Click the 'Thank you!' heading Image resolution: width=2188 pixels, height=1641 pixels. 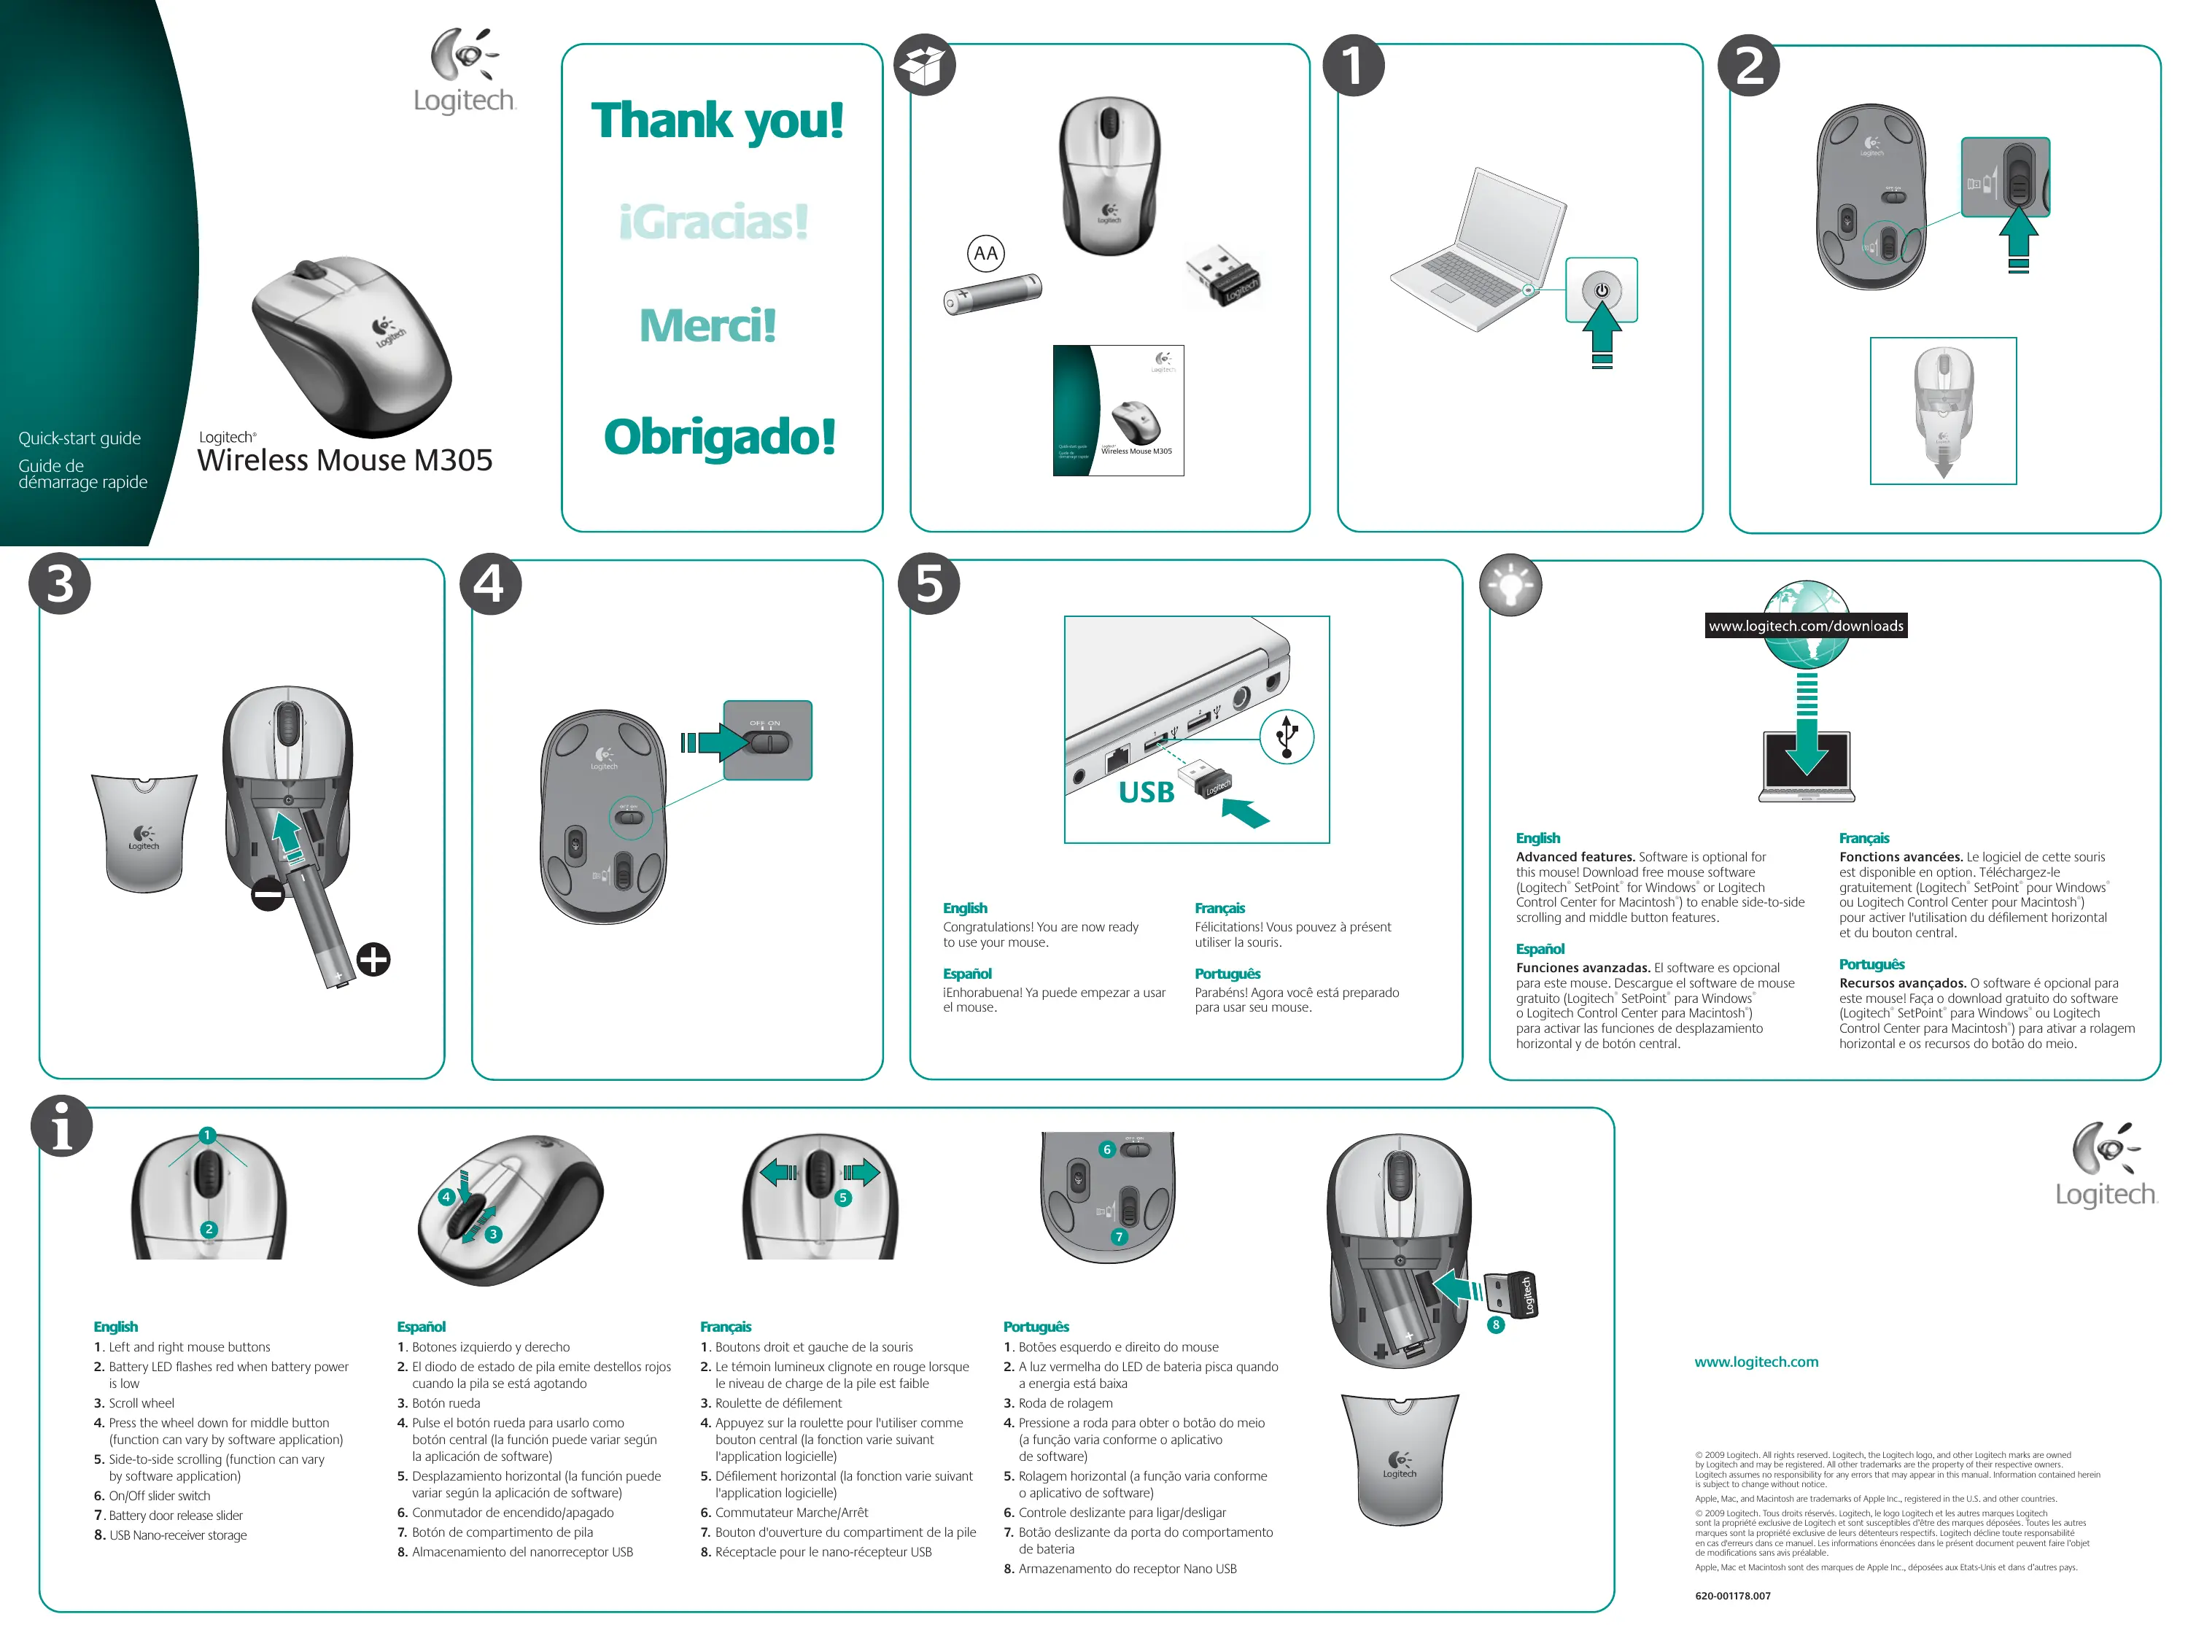pyautogui.click(x=717, y=120)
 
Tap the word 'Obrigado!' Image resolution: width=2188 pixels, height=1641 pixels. pyautogui.click(x=719, y=436)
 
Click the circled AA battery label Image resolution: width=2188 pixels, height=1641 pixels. pyautogui.click(x=985, y=253)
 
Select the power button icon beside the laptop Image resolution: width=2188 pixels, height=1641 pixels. pyautogui.click(x=1602, y=290)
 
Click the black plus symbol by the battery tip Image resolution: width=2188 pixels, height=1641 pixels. pyautogui.click(x=373, y=958)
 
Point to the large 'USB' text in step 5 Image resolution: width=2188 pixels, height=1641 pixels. pyautogui.click(x=1146, y=792)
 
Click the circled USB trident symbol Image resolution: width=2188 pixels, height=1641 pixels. pyautogui.click(x=1286, y=736)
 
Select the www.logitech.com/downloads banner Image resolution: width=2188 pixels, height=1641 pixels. pyautogui.click(x=1805, y=625)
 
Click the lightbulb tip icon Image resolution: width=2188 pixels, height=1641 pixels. pyautogui.click(x=1510, y=585)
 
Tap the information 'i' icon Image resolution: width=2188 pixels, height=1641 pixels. pyautogui.click(x=61, y=1127)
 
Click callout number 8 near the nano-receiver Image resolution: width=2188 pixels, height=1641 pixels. pyautogui.click(x=1496, y=1324)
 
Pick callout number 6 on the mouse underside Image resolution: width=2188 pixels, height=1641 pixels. pyautogui.click(x=1107, y=1149)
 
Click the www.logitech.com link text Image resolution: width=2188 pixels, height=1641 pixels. pyautogui.click(x=1756, y=1362)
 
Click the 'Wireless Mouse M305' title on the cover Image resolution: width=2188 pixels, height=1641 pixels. pyautogui.click(x=344, y=460)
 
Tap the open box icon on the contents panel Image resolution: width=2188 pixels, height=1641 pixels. pyautogui.click(x=924, y=66)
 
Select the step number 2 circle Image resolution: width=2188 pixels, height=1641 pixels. pyautogui.click(x=1749, y=66)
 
